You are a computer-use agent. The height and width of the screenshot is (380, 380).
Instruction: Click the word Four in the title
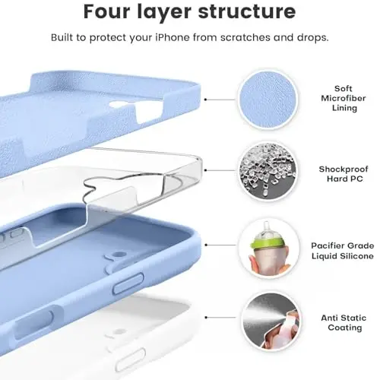[x=108, y=11]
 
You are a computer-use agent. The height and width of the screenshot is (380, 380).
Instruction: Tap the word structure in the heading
[x=247, y=11]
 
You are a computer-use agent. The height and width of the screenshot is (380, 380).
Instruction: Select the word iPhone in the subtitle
[x=173, y=37]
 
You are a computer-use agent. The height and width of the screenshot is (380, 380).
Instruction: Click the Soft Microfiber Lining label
[x=344, y=98]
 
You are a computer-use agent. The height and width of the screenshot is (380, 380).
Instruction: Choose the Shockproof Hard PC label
[x=344, y=174]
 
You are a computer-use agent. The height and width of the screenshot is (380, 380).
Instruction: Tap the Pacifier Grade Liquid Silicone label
[x=343, y=251]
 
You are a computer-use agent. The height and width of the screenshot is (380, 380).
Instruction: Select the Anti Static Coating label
[x=344, y=322]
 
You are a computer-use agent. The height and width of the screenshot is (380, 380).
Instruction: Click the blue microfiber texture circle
[x=268, y=100]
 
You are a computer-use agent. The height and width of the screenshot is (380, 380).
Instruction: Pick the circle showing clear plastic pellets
[x=268, y=172]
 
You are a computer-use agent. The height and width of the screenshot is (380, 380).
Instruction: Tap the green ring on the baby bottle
[x=267, y=243]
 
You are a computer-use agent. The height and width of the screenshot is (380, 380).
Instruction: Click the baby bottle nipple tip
[x=266, y=223]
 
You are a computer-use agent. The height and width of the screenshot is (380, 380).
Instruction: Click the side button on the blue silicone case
[x=128, y=283]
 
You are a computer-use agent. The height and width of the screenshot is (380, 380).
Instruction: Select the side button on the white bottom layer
[x=130, y=359]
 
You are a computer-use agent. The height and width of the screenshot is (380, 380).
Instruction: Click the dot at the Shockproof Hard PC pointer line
[x=205, y=170]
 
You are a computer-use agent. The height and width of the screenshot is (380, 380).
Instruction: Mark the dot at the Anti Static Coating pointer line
[x=207, y=317]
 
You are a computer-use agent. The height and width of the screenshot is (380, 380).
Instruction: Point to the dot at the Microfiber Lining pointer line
[x=205, y=100]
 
